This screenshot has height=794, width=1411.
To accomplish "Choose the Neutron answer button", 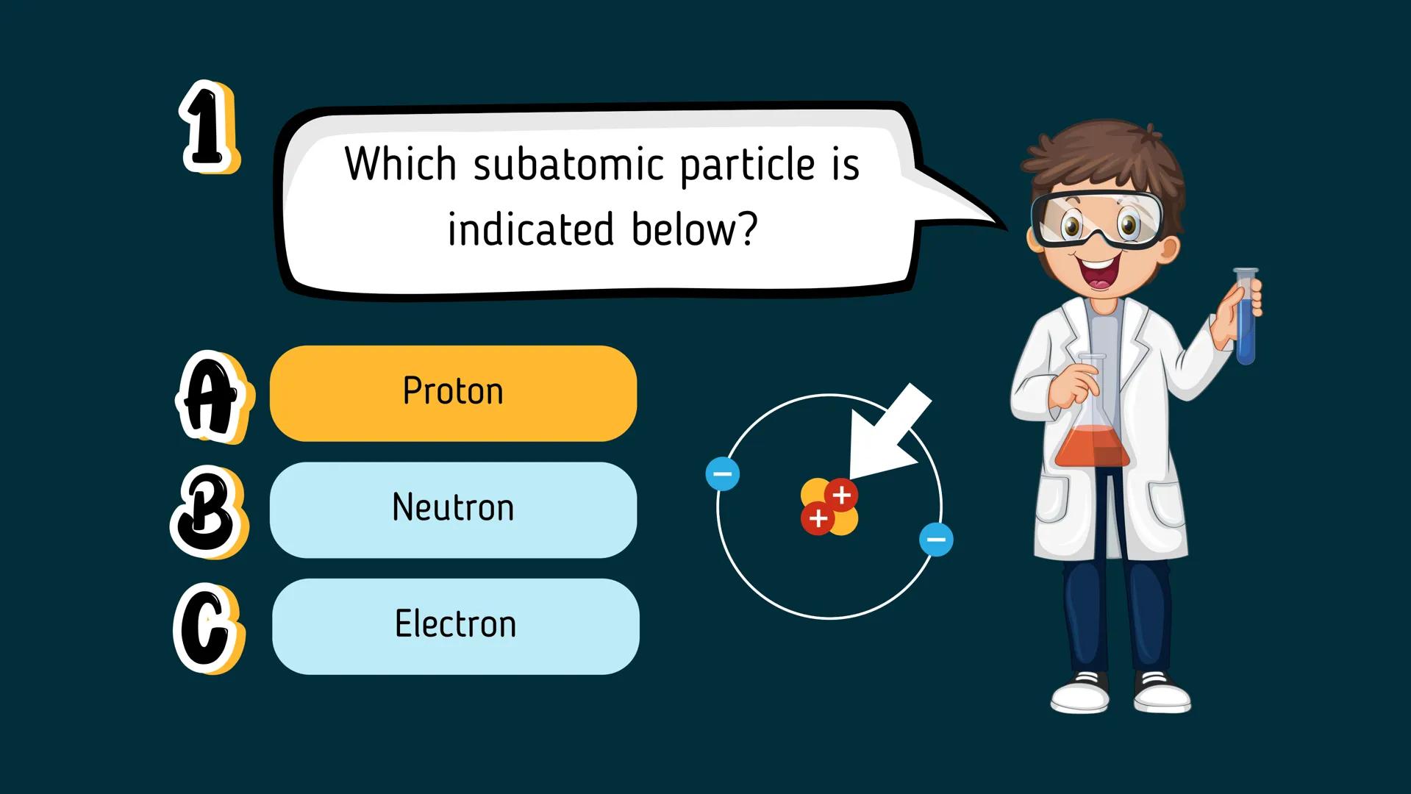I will pos(453,509).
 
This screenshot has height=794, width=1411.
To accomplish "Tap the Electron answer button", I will pos(455,626).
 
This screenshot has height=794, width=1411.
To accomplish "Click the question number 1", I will pos(209,127).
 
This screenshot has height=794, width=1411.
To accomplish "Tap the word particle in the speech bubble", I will pos(747,165).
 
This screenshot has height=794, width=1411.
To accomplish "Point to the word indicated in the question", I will pos(530,229).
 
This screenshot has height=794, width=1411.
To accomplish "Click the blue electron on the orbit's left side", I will pos(722,474).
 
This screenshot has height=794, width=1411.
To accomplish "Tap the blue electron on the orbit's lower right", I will pos(936,540).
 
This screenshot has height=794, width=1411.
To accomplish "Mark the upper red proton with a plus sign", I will pos(841,495).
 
